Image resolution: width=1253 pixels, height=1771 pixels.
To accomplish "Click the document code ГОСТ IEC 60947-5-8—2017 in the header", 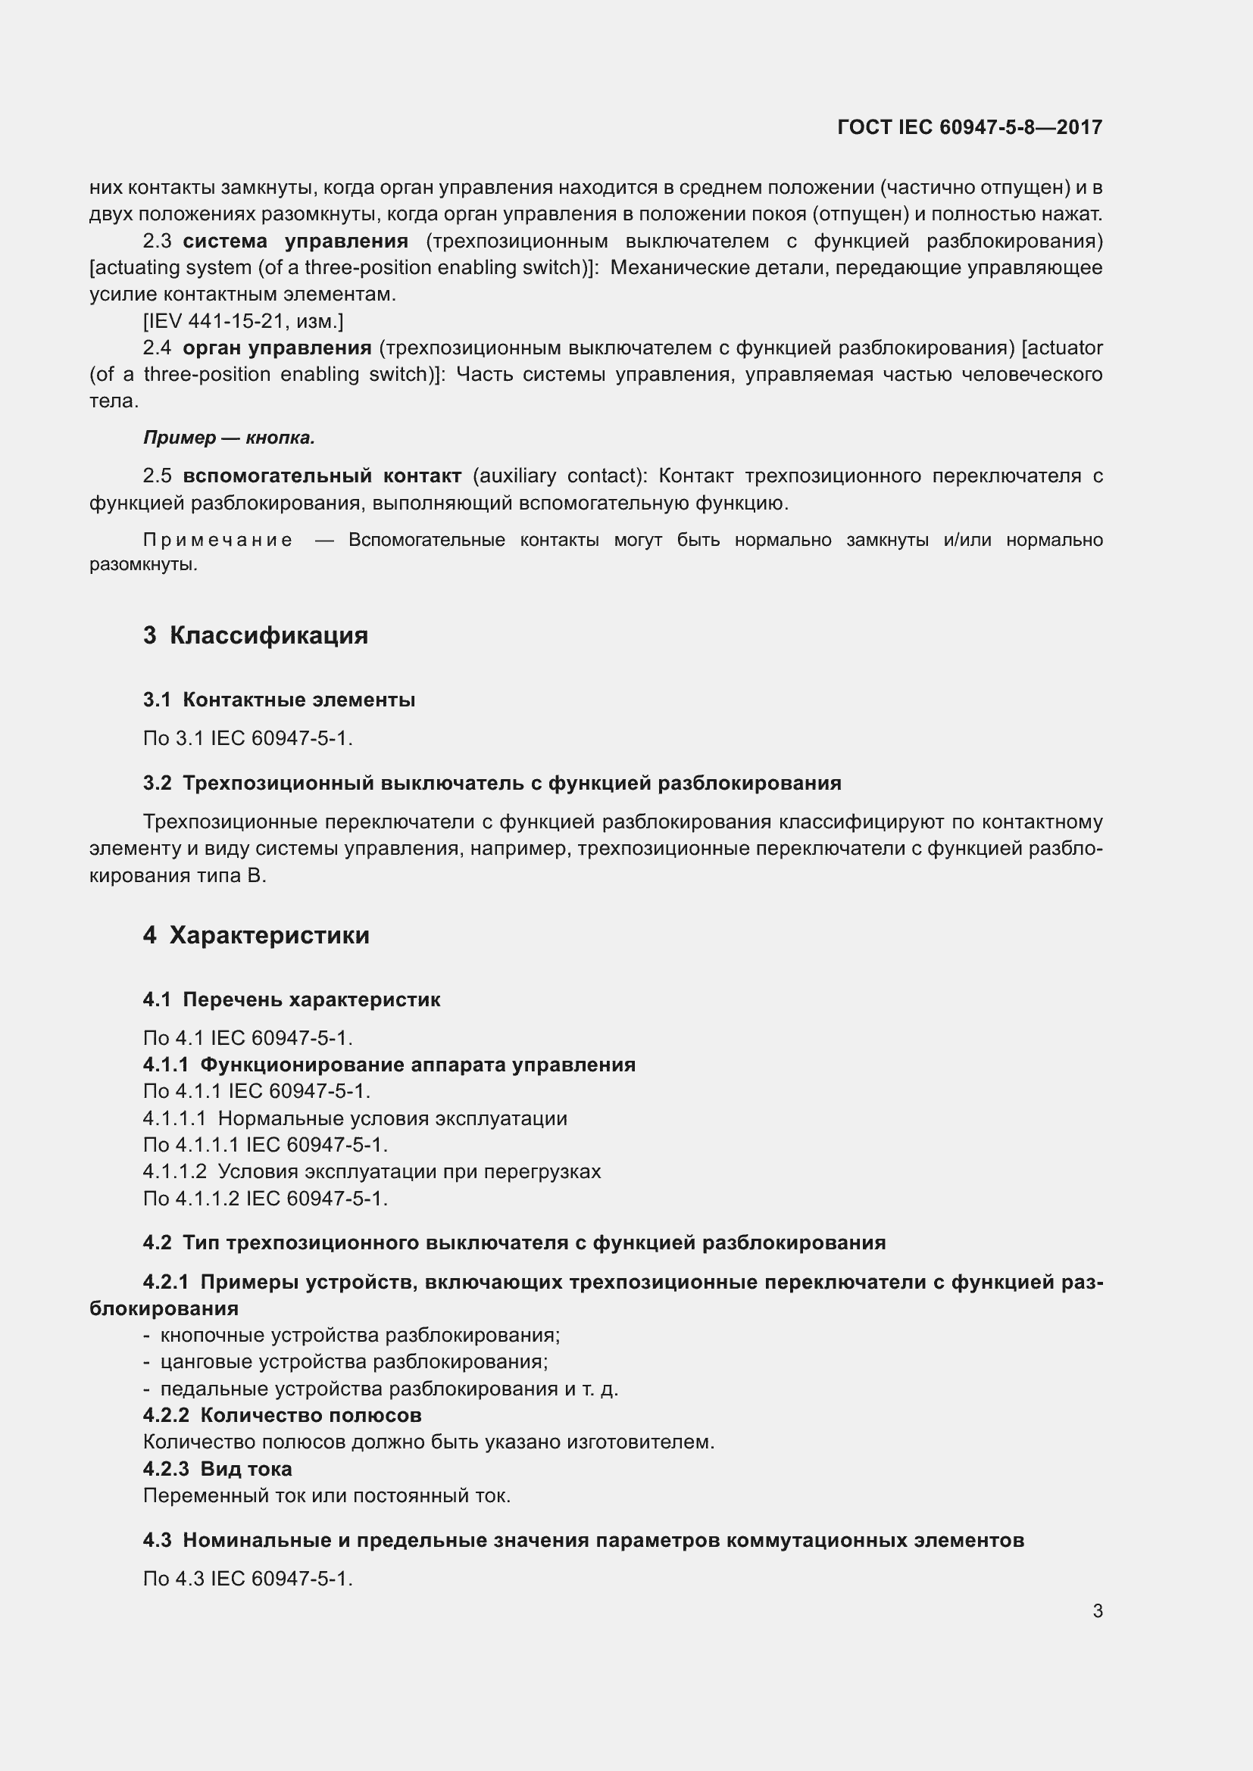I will coord(969,127).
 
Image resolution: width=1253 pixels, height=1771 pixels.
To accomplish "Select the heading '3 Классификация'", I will coord(255,635).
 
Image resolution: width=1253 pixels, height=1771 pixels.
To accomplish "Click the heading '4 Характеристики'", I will coord(256,935).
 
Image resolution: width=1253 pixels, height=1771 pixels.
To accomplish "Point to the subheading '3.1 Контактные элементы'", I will coord(280,700).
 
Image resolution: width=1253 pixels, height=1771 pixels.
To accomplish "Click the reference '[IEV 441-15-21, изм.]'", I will coord(243,321).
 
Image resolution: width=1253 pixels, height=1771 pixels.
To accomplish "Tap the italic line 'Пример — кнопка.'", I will coord(229,438).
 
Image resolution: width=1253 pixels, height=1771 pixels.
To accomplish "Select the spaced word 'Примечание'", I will coord(217,540).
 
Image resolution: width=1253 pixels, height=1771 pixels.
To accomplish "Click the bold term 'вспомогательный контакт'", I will coord(322,476).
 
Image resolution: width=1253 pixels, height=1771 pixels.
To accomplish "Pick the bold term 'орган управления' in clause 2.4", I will coord(277,348).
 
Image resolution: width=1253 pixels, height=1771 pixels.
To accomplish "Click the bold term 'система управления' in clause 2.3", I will coord(295,242).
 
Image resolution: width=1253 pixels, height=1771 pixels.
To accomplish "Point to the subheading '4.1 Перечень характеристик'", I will coord(292,999).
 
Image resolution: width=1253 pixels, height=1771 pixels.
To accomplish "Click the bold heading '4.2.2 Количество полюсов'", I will coord(283,1414).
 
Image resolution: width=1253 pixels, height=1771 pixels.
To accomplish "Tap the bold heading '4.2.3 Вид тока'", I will coord(217,1469).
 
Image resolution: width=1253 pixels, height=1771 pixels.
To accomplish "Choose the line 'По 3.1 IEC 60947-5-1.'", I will coord(248,738).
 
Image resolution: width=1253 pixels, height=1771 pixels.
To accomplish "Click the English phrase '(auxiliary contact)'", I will coord(559,476).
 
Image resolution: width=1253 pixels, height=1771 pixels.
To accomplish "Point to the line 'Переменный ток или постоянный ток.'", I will coord(327,1495).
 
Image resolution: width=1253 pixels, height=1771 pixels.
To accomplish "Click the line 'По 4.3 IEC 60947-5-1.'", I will coord(248,1578).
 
